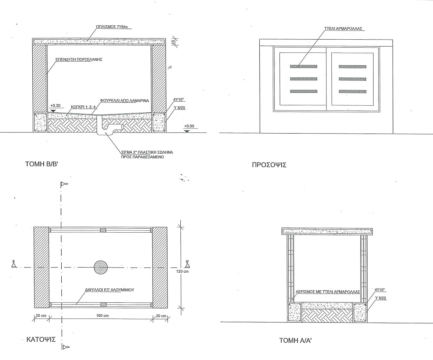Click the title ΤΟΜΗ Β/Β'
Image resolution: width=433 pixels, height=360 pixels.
pyautogui.click(x=42, y=164)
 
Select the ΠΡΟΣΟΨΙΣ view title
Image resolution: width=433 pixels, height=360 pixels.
pyautogui.click(x=269, y=165)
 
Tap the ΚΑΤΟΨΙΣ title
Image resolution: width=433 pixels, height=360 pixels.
pyautogui.click(x=41, y=339)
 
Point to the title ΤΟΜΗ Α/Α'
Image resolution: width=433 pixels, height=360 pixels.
pyautogui.click(x=296, y=341)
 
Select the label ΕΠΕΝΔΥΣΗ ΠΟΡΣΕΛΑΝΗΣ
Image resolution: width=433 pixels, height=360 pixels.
pyautogui.click(x=79, y=59)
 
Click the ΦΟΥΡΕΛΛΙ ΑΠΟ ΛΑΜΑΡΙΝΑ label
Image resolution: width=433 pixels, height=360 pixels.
pyautogui.click(x=125, y=101)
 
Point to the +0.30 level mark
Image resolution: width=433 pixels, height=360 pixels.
pyautogui.click(x=55, y=105)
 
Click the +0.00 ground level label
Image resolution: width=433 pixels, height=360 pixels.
pyautogui.click(x=189, y=126)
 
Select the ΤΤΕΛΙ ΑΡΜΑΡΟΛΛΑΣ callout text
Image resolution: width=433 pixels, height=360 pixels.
pyautogui.click(x=343, y=28)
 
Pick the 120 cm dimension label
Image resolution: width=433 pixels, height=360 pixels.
pyautogui.click(x=183, y=272)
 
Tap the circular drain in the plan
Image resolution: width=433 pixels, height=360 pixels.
pyautogui.click(x=101, y=267)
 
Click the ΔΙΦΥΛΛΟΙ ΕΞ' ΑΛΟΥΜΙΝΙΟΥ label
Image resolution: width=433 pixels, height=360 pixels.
pyautogui.click(x=110, y=290)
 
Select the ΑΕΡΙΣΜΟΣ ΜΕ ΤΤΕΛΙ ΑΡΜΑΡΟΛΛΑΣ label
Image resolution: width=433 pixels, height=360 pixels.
pyautogui.click(x=328, y=292)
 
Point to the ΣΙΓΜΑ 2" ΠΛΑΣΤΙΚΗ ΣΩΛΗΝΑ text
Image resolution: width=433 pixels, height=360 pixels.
pyautogui.click(x=147, y=152)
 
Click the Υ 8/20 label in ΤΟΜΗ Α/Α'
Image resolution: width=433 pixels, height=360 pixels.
pyautogui.click(x=380, y=298)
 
